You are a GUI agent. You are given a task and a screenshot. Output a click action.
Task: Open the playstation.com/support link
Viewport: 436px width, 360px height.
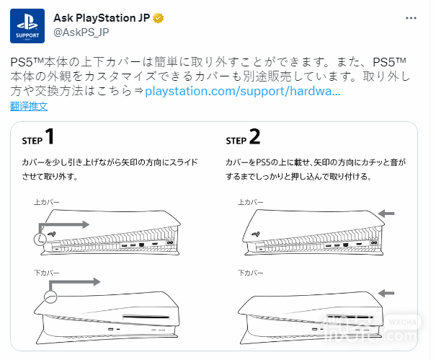click(x=243, y=92)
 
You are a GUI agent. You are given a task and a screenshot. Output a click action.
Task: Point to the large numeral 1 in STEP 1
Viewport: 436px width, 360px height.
click(x=50, y=136)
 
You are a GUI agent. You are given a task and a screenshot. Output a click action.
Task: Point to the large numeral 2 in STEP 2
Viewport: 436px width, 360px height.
click(x=254, y=136)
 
